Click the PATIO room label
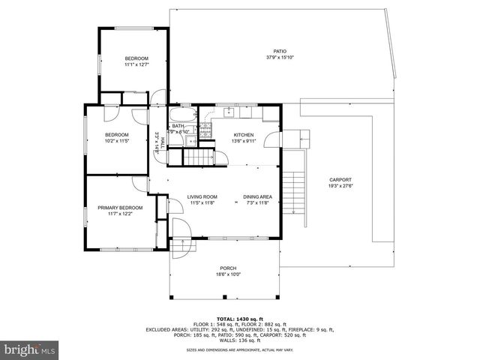coord(280,51)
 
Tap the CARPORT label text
coord(340,180)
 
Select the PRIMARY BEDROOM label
coord(120,207)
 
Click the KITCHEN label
coord(244,134)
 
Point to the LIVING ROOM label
coord(202,196)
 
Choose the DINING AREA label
coord(257,196)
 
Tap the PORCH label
coord(228,268)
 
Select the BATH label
coord(178,126)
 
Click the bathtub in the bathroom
coord(182,115)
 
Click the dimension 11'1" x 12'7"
coord(136,65)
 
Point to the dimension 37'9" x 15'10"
coord(280,58)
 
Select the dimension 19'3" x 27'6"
coord(340,187)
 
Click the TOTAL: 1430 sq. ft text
coord(239,319)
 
